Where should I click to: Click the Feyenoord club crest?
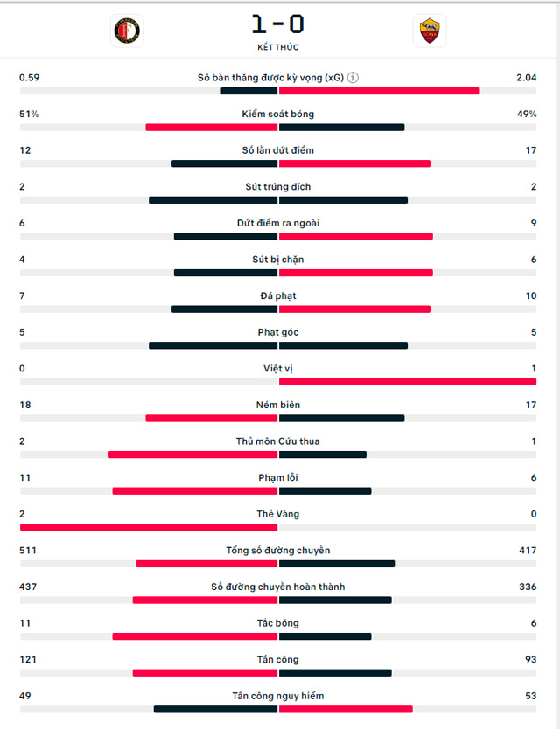(x=127, y=31)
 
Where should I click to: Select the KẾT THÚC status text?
(x=278, y=47)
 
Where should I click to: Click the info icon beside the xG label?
(x=353, y=78)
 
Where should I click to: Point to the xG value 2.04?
(x=526, y=78)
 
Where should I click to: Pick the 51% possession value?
(x=29, y=114)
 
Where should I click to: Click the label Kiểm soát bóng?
(x=278, y=114)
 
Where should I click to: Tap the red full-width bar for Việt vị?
(x=407, y=382)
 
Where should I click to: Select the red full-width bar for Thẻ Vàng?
(x=149, y=527)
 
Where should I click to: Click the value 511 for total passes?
(x=28, y=551)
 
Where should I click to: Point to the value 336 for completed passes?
(x=528, y=587)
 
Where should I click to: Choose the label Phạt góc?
(x=278, y=332)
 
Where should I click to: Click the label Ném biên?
(x=278, y=405)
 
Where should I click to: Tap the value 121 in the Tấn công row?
(x=28, y=659)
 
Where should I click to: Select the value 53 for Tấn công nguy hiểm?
(x=530, y=696)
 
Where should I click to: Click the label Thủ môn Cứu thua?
(x=278, y=441)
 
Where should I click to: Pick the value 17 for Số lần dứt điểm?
(x=530, y=150)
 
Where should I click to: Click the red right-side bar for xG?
(x=379, y=91)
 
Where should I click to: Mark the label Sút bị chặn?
(x=278, y=260)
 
